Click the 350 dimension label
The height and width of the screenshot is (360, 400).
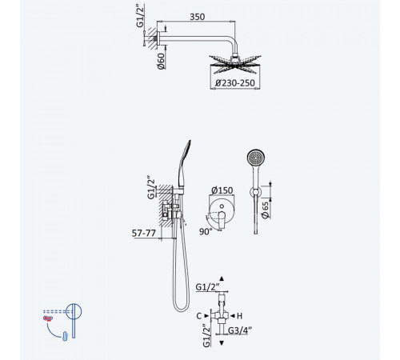click(198, 17)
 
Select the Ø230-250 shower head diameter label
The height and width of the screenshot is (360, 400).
click(235, 83)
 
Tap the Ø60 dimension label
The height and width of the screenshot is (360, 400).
click(161, 61)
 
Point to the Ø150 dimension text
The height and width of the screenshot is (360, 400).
click(222, 190)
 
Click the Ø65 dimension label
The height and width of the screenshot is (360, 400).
click(266, 210)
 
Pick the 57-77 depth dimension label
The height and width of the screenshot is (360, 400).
click(144, 233)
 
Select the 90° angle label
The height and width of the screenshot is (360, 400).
click(206, 231)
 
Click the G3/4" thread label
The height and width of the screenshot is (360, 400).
click(240, 330)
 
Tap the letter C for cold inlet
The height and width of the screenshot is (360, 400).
click(199, 316)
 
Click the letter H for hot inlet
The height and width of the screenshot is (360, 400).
click(239, 316)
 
